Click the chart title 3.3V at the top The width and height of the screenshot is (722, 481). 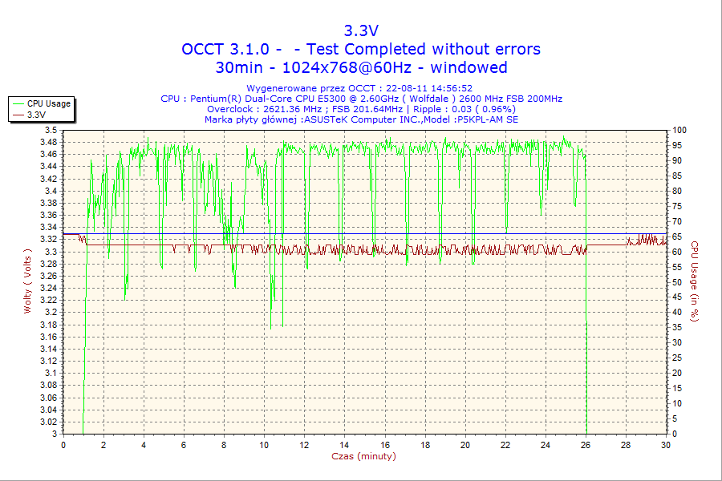pyautogui.click(x=361, y=31)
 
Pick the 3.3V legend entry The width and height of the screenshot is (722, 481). pyautogui.click(x=36, y=115)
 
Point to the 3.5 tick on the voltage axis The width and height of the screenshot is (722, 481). pyautogui.click(x=51, y=130)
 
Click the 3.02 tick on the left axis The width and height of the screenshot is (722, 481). pyautogui.click(x=48, y=422)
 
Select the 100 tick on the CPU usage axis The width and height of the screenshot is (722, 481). pyautogui.click(x=679, y=130)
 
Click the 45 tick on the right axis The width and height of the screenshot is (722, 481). pyautogui.click(x=676, y=297)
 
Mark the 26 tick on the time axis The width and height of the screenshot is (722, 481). pyautogui.click(x=586, y=445)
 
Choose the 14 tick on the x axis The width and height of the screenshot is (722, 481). pyautogui.click(x=344, y=445)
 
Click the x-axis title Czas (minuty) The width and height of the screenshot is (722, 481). pyautogui.click(x=363, y=456)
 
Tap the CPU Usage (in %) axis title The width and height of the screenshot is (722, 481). pyautogui.click(x=695, y=281)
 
